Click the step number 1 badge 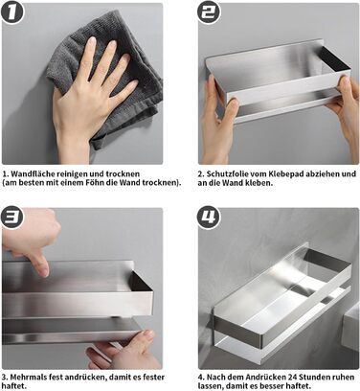point(12,12)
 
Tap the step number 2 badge point(208,12)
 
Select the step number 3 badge point(12,218)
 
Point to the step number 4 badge point(208,218)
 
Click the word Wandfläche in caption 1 point(33,174)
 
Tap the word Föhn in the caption point(94,183)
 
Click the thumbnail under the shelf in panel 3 point(148,334)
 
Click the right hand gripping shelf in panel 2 point(347,108)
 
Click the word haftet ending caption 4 point(301,386)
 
